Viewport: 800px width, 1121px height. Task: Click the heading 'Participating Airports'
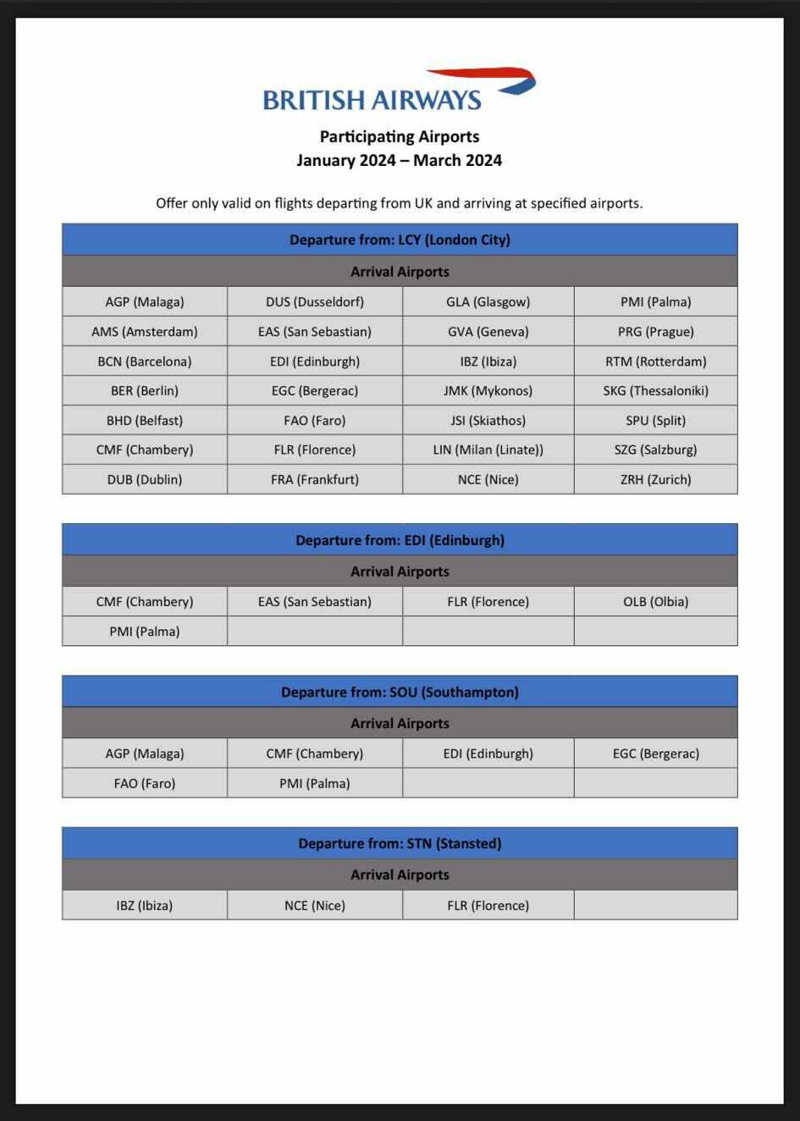pyautogui.click(x=400, y=136)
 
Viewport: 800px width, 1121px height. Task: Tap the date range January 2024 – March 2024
pyautogui.click(x=400, y=160)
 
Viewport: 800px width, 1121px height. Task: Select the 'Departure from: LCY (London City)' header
pyautogui.click(x=400, y=240)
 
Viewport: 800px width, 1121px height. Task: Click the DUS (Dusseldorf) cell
pyautogui.click(x=315, y=301)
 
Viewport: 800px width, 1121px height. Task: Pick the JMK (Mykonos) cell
pyautogui.click(x=488, y=390)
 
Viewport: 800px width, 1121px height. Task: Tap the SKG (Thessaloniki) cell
pyautogui.click(x=655, y=390)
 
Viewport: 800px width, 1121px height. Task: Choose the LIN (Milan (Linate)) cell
pyautogui.click(x=488, y=450)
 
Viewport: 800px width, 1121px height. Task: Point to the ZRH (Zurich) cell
pyautogui.click(x=655, y=479)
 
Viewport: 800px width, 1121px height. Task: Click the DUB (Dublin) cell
pyautogui.click(x=145, y=479)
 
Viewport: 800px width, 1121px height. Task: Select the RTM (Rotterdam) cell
pyautogui.click(x=655, y=361)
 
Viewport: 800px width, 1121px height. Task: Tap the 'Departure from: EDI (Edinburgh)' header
pyautogui.click(x=400, y=540)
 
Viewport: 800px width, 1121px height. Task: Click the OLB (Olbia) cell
pyautogui.click(x=655, y=602)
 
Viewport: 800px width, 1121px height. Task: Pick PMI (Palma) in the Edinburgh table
pyautogui.click(x=145, y=632)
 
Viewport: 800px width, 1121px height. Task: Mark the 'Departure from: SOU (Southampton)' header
pyautogui.click(x=400, y=692)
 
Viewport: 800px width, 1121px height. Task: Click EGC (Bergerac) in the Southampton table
pyautogui.click(x=655, y=754)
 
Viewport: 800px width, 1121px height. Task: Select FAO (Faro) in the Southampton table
pyautogui.click(x=145, y=783)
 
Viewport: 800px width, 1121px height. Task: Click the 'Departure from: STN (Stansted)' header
pyautogui.click(x=400, y=843)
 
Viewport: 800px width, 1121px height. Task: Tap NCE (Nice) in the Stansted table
pyautogui.click(x=315, y=905)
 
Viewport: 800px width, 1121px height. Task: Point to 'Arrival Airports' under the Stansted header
pyautogui.click(x=400, y=875)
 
